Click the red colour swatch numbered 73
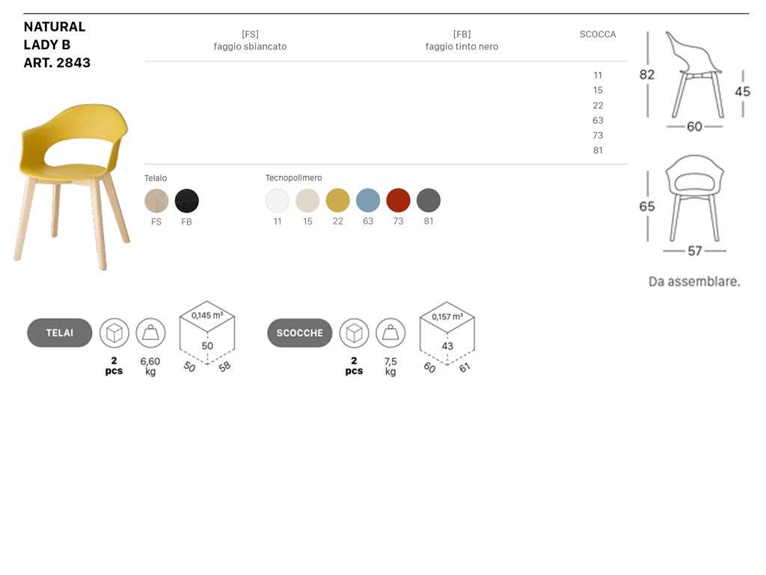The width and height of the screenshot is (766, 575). tap(398, 201)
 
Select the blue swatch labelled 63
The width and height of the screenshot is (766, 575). tap(368, 201)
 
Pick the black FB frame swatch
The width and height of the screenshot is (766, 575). tap(186, 201)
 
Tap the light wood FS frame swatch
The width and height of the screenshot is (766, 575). tap(156, 201)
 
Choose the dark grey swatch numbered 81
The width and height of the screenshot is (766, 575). tap(429, 201)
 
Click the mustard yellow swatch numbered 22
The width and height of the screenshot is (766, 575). tap(337, 201)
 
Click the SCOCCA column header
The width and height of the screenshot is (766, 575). tap(598, 34)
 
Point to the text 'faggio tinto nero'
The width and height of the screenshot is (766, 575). tap(462, 46)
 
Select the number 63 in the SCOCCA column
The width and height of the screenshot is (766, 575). tap(598, 121)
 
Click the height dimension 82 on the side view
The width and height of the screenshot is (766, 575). tap(647, 74)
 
